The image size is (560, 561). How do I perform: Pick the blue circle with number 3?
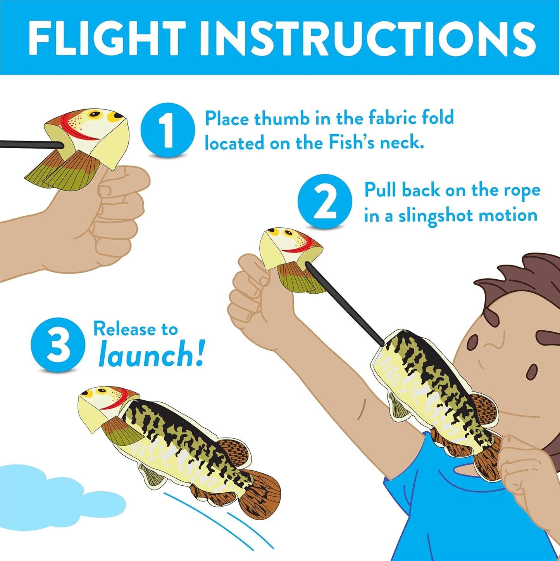58,345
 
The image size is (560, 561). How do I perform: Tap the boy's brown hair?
519,279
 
